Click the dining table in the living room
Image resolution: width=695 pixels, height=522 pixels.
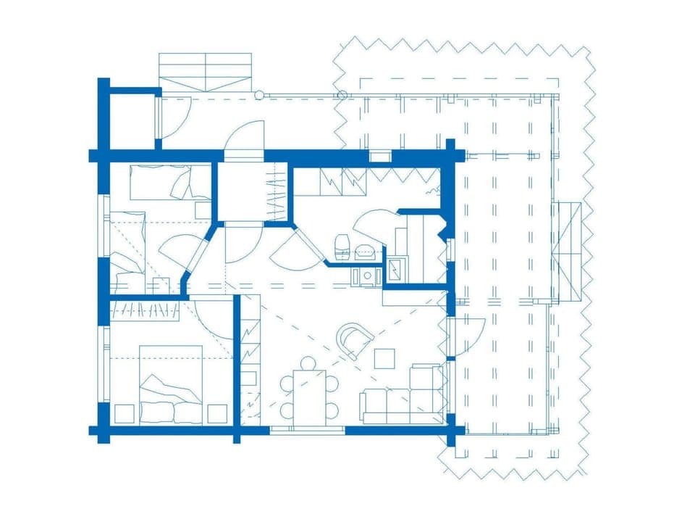310,397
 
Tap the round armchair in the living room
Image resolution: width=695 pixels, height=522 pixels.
354,339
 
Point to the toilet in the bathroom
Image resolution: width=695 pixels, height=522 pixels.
342,244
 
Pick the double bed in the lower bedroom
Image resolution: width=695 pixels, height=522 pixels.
171,383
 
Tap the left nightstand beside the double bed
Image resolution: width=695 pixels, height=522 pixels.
124,413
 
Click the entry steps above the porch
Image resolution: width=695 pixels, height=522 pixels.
206,70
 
